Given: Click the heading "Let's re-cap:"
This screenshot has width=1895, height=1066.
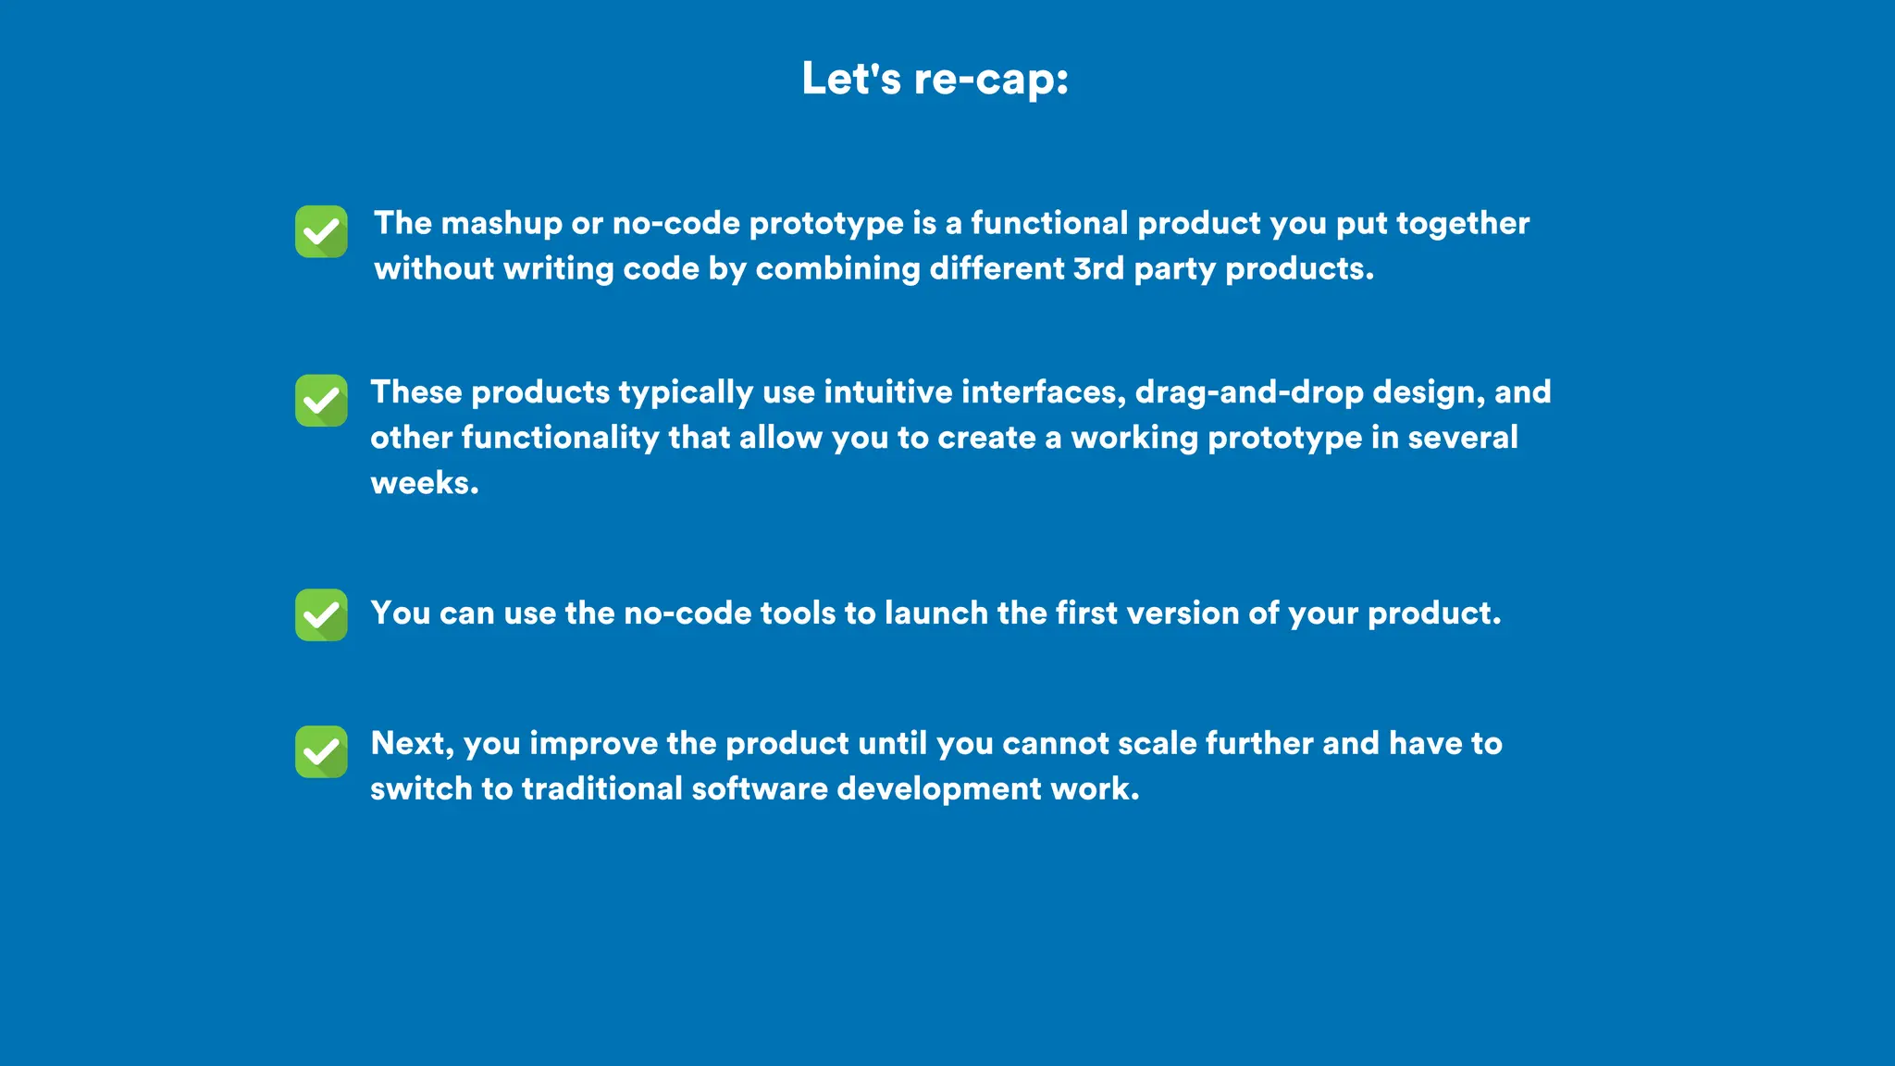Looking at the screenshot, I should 935,79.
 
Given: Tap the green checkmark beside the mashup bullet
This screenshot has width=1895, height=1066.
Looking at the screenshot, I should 321,231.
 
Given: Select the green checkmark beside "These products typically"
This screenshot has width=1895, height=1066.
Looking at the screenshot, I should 321,401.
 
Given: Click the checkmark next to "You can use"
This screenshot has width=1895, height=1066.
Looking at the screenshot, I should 321,615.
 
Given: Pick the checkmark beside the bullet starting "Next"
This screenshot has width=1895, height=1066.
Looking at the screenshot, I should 321,751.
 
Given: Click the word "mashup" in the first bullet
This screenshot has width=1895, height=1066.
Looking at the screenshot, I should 501,224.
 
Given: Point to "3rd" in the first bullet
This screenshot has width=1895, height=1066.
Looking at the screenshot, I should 1098,269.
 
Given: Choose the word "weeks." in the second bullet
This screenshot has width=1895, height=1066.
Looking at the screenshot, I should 425,483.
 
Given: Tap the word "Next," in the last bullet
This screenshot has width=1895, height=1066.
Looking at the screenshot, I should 412,744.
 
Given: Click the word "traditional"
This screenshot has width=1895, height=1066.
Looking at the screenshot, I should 601,789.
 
